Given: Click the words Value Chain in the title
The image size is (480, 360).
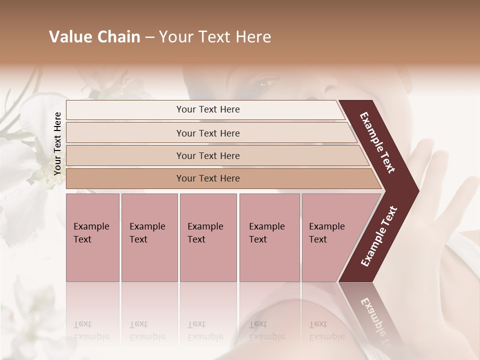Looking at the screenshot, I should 94,37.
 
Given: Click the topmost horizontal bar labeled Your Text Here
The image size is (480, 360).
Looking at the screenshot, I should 150,110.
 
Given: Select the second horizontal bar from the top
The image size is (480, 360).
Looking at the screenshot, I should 150,133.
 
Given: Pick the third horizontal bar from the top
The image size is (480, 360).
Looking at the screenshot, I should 150,155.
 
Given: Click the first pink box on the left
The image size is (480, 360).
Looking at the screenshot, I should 92,260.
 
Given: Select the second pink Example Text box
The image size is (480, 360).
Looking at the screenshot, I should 149,260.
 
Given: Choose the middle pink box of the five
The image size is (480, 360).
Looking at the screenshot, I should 208,260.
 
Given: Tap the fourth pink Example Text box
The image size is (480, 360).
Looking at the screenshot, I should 269,260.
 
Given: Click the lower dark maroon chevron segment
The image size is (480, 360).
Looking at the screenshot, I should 378,237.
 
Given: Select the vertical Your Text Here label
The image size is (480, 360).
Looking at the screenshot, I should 57,143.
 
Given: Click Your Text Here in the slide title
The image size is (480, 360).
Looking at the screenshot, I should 215,37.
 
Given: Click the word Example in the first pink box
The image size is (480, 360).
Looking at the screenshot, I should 91,226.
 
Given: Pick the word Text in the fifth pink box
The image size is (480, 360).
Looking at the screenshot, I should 318,239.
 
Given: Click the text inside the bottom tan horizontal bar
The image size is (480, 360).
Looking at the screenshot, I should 208,178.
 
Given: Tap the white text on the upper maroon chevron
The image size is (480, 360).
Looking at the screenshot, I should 378,143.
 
